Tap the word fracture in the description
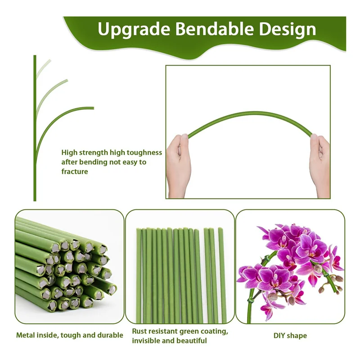click(x=75, y=171)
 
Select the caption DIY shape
click(x=290, y=335)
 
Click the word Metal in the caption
click(x=26, y=335)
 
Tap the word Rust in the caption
click(x=139, y=331)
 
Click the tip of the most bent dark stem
click(x=93, y=108)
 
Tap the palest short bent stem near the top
click(x=44, y=67)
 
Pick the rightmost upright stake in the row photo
click(x=222, y=274)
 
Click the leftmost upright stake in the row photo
click(x=139, y=274)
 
